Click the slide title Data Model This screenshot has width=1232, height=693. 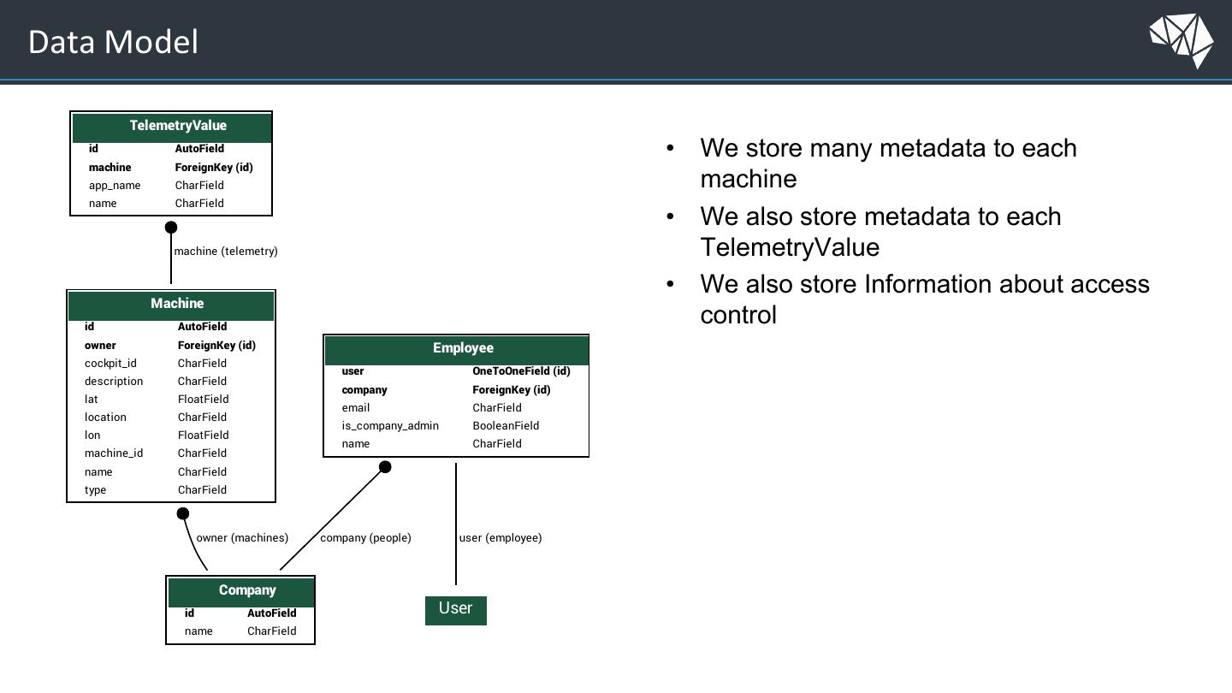point(113,42)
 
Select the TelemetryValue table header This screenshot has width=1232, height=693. point(172,127)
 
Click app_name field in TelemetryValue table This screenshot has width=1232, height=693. point(115,186)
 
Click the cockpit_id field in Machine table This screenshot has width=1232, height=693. point(110,363)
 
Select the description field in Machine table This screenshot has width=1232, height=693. point(113,382)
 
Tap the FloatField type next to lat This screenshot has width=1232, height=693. point(203,400)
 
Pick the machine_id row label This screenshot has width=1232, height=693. point(113,453)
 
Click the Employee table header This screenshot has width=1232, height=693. point(457,350)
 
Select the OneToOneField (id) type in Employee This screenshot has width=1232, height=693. point(521,371)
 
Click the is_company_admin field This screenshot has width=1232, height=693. point(390,426)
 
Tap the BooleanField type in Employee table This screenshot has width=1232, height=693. point(506,426)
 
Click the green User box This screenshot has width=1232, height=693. point(455,611)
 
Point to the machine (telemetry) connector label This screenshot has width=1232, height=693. point(226,252)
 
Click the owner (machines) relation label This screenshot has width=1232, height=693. point(242,538)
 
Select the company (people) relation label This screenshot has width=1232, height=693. point(365,538)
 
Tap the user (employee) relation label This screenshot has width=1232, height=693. point(500,538)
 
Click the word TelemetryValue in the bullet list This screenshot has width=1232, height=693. point(790,247)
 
